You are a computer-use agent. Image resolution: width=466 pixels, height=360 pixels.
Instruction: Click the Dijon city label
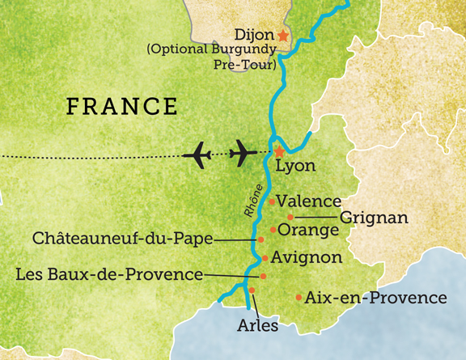pyautogui.click(x=252, y=36)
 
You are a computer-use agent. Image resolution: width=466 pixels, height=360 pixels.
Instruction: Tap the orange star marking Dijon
pyautogui.click(x=282, y=36)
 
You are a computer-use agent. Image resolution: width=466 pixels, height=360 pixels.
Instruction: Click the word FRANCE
pyautogui.click(x=121, y=106)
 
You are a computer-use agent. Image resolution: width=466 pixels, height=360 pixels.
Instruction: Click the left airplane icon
pyautogui.click(x=200, y=152)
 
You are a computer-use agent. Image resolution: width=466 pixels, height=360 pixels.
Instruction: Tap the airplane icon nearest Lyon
pyautogui.click(x=245, y=151)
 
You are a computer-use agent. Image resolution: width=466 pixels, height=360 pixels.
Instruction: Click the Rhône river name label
pyautogui.click(x=253, y=200)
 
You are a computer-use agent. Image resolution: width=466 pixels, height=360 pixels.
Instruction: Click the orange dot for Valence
pyautogui.click(x=273, y=200)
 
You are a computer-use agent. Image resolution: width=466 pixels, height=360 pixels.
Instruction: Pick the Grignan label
pyautogui.click(x=373, y=218)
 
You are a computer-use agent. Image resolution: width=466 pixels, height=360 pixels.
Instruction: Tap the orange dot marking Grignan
pyautogui.click(x=290, y=217)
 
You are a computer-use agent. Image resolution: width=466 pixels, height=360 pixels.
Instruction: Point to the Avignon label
pyautogui.click(x=307, y=258)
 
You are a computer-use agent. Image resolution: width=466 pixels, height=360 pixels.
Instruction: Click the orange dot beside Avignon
pyautogui.click(x=265, y=259)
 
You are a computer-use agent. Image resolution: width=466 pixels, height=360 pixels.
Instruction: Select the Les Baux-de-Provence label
pyautogui.click(x=109, y=275)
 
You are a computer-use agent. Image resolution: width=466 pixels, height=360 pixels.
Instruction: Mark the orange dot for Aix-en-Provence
pyautogui.click(x=300, y=298)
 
